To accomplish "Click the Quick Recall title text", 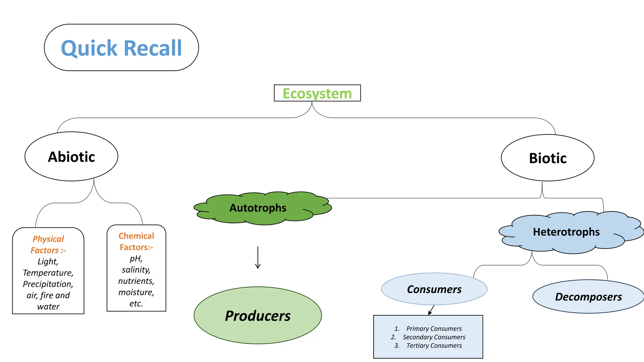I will click(x=121, y=48).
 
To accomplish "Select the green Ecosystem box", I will click(x=317, y=93).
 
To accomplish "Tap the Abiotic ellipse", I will click(x=71, y=156).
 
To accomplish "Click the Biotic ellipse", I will click(x=547, y=158).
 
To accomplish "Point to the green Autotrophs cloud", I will click(x=258, y=208).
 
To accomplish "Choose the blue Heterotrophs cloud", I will click(x=566, y=232).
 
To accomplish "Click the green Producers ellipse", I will click(x=258, y=315).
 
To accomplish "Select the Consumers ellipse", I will click(x=434, y=289).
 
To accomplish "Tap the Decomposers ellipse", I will click(x=588, y=297).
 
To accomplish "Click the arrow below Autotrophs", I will click(x=258, y=258).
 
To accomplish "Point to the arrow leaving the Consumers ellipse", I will click(x=431, y=310).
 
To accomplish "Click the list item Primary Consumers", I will click(x=434, y=329).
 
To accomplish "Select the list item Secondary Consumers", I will click(x=434, y=337).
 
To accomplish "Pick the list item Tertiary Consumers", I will click(x=434, y=346).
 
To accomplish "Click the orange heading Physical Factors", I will click(x=48, y=244).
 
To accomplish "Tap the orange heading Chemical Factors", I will click(x=136, y=241).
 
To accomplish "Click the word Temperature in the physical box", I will click(x=48, y=273).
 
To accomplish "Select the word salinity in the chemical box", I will click(x=136, y=270).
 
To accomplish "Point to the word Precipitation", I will click(x=48, y=284).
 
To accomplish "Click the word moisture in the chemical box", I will click(x=136, y=292).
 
